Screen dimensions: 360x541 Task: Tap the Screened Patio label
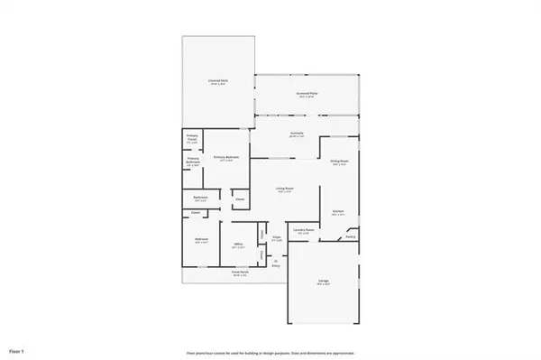tap(308, 94)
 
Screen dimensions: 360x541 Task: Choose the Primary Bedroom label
tap(225, 158)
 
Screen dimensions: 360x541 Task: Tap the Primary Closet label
tap(192, 137)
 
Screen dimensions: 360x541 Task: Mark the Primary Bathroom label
tap(193, 161)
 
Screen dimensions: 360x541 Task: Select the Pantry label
tap(350, 236)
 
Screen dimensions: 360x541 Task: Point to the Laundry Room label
tap(303, 231)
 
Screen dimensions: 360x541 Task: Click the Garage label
tap(323, 282)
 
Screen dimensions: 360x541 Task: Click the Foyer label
tap(277, 238)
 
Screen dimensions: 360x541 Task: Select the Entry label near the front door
tap(276, 264)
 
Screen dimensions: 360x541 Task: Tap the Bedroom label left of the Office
tap(201, 241)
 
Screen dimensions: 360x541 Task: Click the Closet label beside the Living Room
tap(239, 199)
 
